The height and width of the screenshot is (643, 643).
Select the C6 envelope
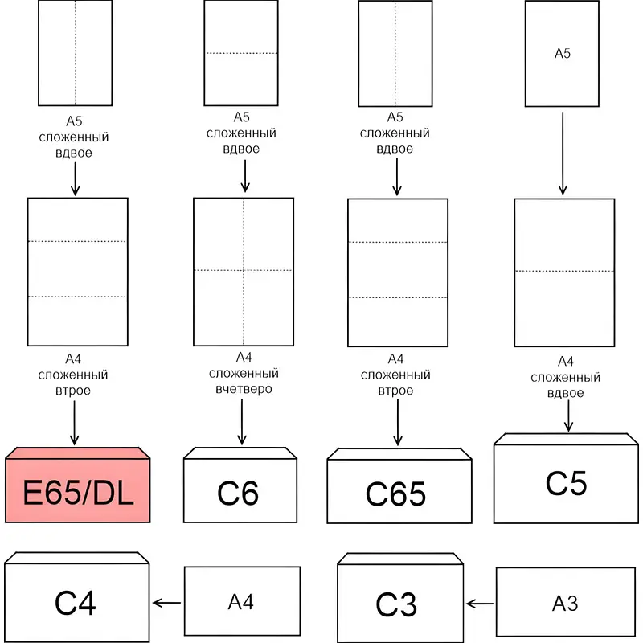(x=240, y=490)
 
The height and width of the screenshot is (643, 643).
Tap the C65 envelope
(x=399, y=493)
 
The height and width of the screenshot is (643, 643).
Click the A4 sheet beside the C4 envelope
(x=241, y=601)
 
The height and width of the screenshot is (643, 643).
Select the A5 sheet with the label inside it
(x=563, y=54)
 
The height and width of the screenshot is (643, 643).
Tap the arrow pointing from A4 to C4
(x=166, y=602)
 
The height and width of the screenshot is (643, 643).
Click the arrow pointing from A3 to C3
(x=480, y=603)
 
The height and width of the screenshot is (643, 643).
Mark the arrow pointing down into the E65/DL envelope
(x=75, y=422)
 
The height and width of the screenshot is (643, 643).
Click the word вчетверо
(x=244, y=389)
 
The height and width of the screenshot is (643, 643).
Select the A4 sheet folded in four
(x=244, y=271)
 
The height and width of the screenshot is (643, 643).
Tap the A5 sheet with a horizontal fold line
(x=241, y=53)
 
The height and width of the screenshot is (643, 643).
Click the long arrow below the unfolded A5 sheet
(x=563, y=153)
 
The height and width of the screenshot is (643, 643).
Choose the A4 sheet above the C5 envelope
(x=563, y=272)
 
